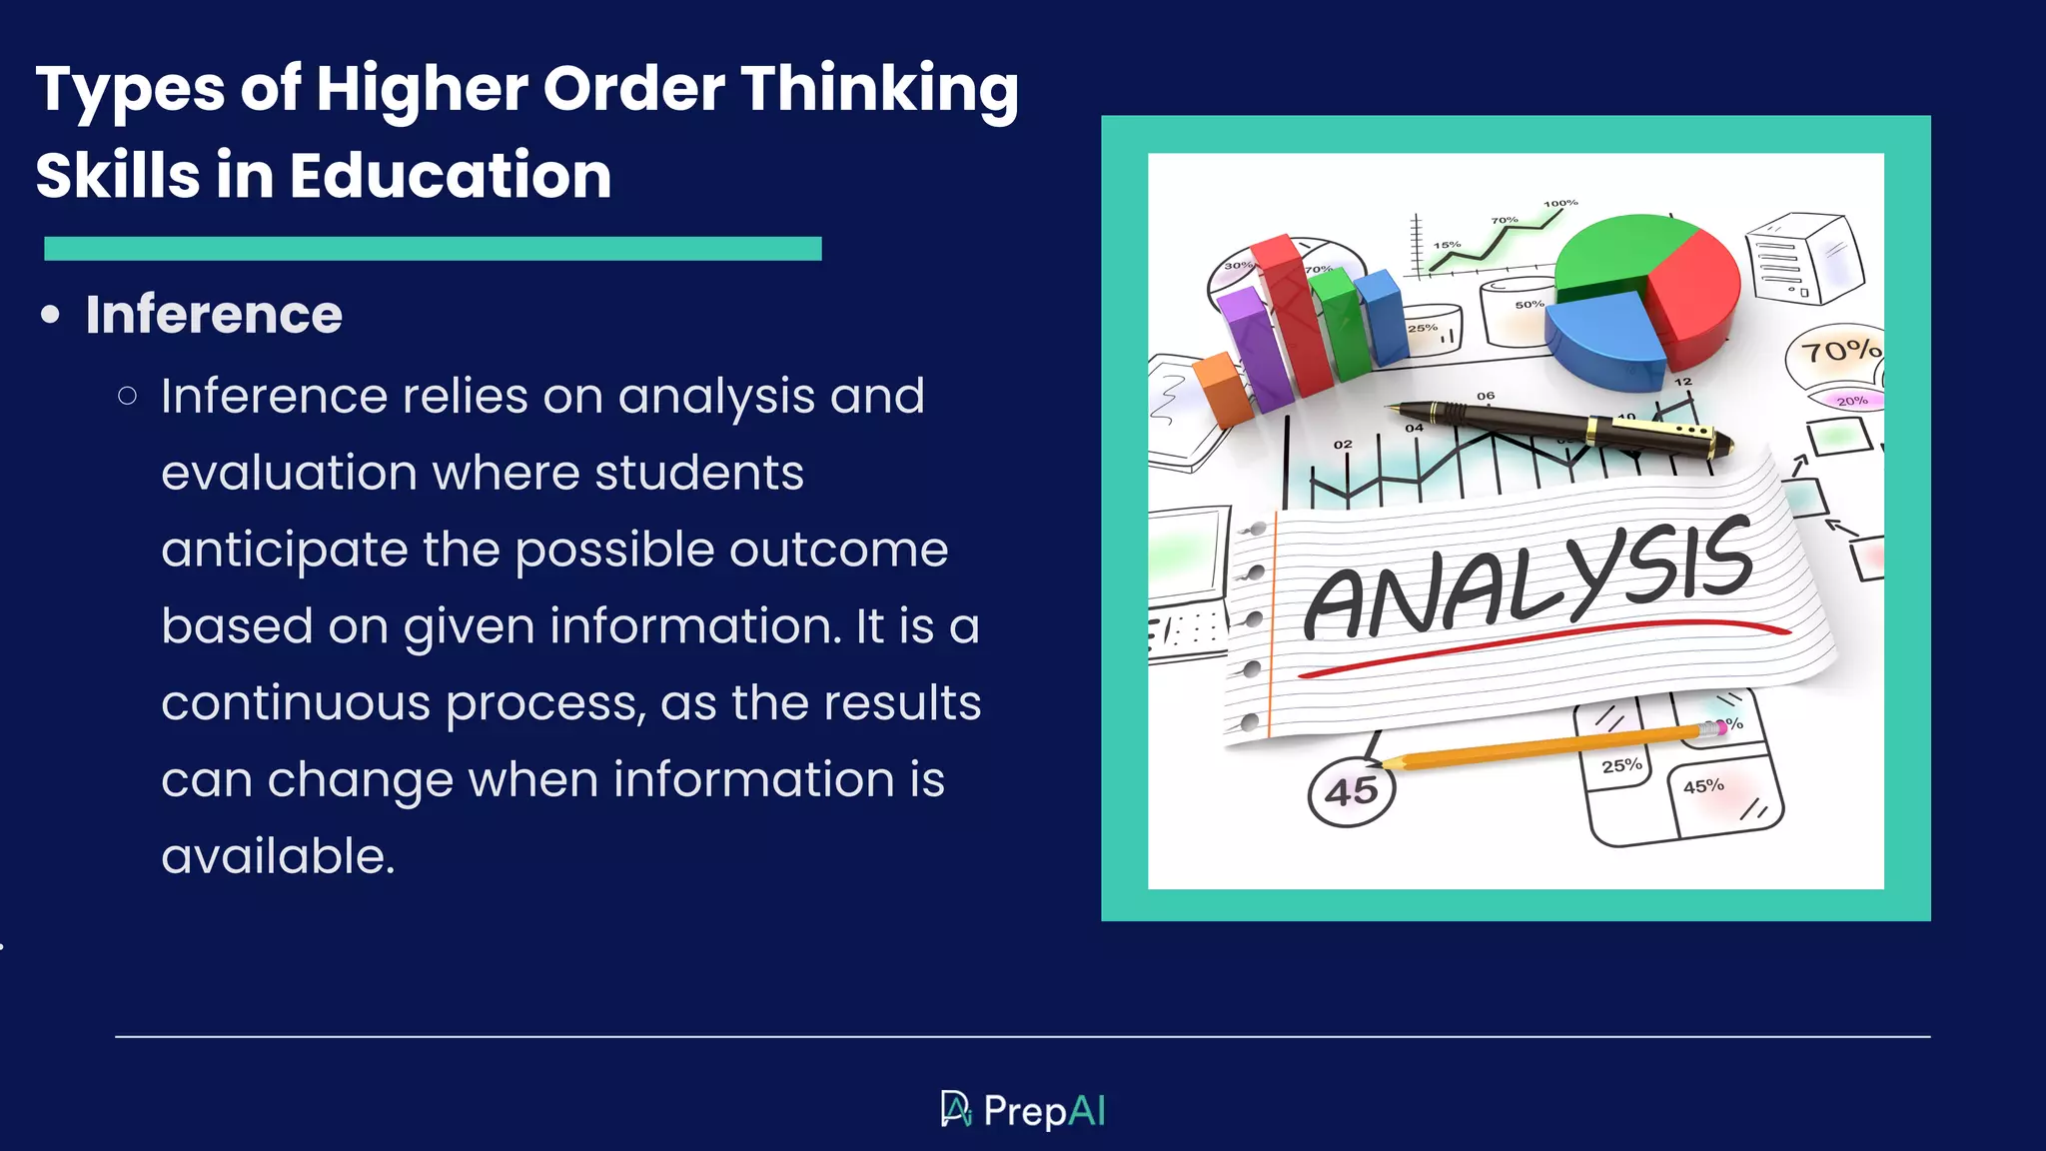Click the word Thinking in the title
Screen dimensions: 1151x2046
(x=879, y=90)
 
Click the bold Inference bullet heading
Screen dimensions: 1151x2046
(x=214, y=315)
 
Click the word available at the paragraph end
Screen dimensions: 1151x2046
(x=277, y=857)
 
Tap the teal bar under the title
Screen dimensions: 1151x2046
(x=433, y=249)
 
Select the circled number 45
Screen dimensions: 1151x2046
(x=1351, y=792)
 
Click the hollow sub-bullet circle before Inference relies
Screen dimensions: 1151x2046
(x=127, y=397)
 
